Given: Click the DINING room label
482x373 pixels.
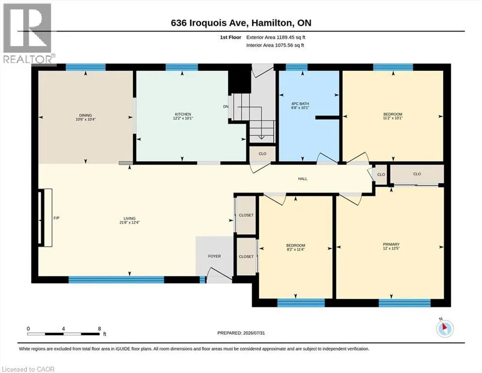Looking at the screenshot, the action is (x=85, y=115).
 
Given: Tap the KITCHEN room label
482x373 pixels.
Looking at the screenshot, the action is (x=183, y=114).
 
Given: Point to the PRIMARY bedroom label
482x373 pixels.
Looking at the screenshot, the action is (x=391, y=244).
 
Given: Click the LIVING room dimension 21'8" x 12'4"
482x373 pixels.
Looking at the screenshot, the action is (x=130, y=222).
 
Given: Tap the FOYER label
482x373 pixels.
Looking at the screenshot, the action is (x=214, y=256).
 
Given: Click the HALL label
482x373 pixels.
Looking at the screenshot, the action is (x=302, y=179).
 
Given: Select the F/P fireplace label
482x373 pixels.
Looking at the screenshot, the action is (x=56, y=218).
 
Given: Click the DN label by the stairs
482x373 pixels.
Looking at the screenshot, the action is (x=226, y=107).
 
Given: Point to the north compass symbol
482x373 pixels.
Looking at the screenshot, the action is (x=445, y=328).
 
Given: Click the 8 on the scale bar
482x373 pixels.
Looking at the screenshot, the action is (x=100, y=329).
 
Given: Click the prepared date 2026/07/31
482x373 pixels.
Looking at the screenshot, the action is (x=253, y=333).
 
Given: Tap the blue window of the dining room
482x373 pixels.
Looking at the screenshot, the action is (x=86, y=67).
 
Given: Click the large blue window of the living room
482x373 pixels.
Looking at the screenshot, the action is (x=116, y=280).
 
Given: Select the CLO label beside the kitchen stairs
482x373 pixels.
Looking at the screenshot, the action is (x=263, y=154).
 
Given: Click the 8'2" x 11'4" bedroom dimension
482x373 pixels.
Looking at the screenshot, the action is (x=296, y=250).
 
